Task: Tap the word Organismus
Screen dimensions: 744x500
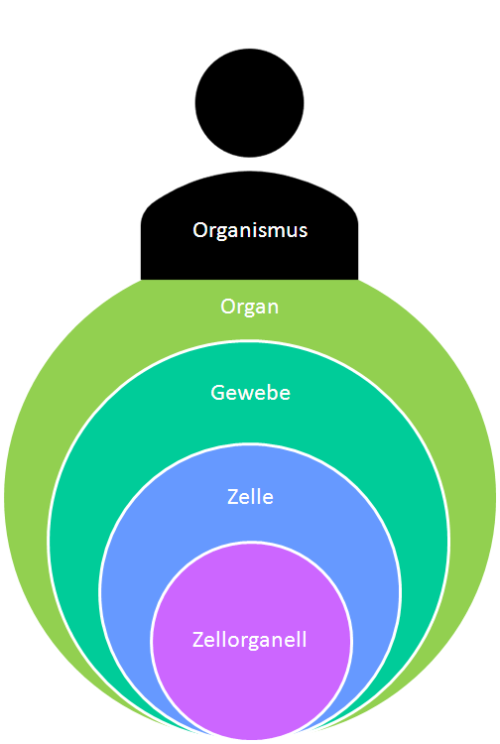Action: (250, 230)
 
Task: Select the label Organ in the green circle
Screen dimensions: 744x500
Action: (249, 307)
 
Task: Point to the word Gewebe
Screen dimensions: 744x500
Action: (250, 393)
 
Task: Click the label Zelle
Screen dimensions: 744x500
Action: (250, 496)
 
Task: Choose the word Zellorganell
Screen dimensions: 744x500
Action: (249, 639)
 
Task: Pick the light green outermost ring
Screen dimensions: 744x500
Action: (30, 496)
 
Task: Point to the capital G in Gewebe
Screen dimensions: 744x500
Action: (218, 393)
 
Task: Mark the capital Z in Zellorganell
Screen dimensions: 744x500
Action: (197, 639)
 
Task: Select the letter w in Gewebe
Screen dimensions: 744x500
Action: (244, 394)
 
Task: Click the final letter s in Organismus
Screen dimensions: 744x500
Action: (303, 231)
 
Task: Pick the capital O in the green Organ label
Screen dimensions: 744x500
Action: (228, 307)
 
